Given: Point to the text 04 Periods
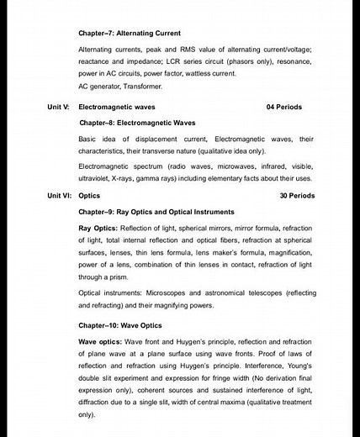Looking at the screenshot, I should click(x=283, y=108).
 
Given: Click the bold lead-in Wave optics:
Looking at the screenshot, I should click(x=99, y=342).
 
